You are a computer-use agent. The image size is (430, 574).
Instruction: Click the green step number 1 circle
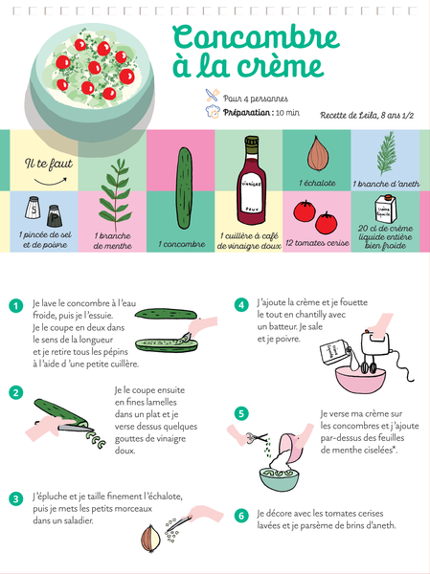coord(15,306)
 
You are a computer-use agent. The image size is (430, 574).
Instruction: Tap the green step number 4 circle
coord(241,305)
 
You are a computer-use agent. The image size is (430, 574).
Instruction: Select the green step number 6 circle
coord(241,516)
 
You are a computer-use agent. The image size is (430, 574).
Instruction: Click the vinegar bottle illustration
coord(251,180)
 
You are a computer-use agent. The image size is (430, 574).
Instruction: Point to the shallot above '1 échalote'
coord(317,153)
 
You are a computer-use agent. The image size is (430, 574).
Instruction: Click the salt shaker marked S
coord(33,208)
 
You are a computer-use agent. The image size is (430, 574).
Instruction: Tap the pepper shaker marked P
coord(55,216)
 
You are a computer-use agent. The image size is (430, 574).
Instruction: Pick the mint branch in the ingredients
coord(115,195)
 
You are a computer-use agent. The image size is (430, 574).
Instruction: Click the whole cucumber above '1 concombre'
coord(184,188)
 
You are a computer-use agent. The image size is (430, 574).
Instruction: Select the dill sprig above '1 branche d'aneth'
coord(387,154)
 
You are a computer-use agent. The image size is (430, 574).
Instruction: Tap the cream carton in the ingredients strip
coord(385,209)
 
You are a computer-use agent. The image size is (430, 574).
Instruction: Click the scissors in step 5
coord(257,437)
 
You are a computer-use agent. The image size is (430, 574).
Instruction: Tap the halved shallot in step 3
coord(151,539)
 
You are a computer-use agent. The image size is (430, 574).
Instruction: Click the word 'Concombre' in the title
coord(256,38)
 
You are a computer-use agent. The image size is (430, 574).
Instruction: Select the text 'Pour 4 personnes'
coord(256,99)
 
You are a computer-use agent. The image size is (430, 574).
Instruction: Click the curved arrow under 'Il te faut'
coord(51,181)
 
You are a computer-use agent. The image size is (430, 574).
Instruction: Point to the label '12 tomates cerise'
coord(317,243)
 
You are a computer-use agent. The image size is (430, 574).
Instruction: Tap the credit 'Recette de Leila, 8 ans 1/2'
coord(367,116)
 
